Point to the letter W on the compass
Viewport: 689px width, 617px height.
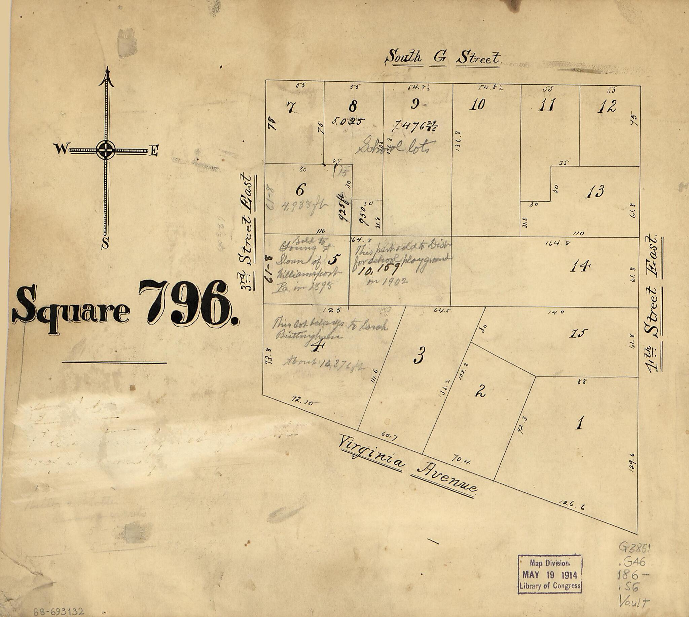tap(61, 149)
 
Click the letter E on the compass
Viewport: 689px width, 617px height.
tap(154, 151)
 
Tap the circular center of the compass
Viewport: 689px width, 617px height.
tap(106, 150)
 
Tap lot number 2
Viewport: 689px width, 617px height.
tap(481, 391)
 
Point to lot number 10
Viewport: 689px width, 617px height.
tap(477, 105)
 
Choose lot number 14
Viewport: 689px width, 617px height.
tap(580, 266)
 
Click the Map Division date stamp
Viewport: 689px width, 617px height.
tap(550, 574)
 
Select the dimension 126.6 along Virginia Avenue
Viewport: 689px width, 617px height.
tap(572, 506)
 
